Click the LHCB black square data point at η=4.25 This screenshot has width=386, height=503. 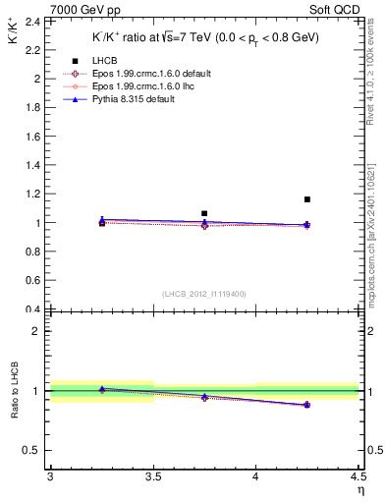(307, 199)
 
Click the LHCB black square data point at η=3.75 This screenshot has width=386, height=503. (204, 213)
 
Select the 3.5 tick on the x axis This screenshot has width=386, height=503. (152, 476)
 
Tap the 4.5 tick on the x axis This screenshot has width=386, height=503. (358, 476)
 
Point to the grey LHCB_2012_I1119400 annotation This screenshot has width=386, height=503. (204, 293)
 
